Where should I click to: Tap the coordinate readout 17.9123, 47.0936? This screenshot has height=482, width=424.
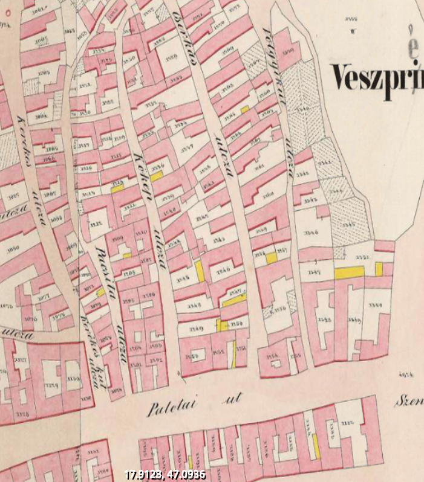coord(165,475)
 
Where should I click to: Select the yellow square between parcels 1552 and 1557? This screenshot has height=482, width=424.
coord(272,258)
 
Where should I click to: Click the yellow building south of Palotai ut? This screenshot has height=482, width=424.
coord(315,446)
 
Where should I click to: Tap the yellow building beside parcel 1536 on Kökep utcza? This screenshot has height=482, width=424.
coord(157,176)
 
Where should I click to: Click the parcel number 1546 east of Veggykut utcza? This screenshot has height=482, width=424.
coord(312,231)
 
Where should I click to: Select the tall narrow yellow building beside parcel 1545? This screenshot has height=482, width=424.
coord(200,271)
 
